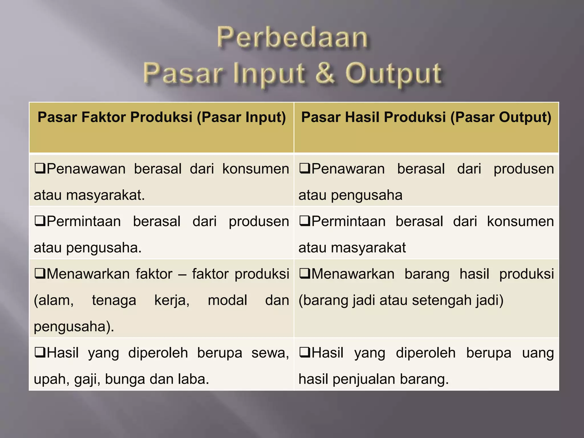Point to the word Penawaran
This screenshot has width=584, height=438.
click(x=348, y=169)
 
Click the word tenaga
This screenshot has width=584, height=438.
click(x=114, y=300)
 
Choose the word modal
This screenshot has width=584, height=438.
click(x=227, y=300)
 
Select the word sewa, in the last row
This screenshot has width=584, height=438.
click(x=270, y=353)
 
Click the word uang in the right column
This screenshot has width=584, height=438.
click(x=538, y=353)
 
